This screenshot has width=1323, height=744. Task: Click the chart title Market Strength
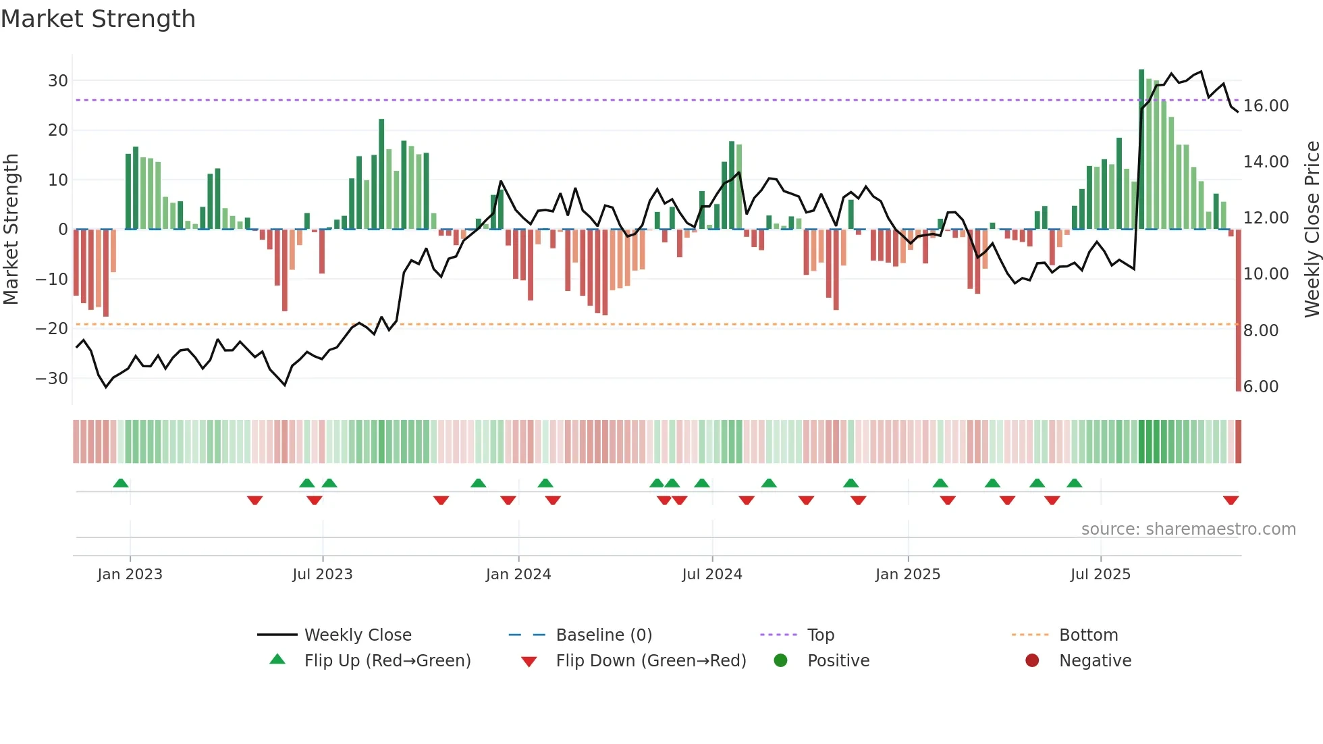pos(98,19)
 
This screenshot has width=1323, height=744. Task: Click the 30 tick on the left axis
pos(58,81)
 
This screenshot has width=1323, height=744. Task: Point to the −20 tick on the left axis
pos(53,329)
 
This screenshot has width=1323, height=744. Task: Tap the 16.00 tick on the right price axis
pos(1266,106)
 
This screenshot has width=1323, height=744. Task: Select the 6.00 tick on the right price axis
pos(1260,387)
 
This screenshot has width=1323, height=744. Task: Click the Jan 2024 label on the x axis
pos(518,575)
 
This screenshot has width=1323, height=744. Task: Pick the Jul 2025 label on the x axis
pos(1100,575)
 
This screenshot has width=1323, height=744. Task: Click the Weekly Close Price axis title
pos(1312,230)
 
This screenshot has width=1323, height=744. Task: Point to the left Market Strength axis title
pos(11,230)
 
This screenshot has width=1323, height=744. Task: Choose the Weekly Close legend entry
pos(357,635)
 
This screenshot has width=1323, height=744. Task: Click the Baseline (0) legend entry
pos(603,635)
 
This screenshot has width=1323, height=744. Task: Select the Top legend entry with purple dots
pos(820,635)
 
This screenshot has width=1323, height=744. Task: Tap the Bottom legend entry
pos(1088,635)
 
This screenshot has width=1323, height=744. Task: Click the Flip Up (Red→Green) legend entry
pos(387,661)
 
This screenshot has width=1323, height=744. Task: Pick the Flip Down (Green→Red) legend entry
pos(651,661)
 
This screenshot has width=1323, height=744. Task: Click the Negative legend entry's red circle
pos(1032,661)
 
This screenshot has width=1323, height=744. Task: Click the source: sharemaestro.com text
pos(1188,529)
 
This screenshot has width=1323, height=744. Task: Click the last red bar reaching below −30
pos(1238,311)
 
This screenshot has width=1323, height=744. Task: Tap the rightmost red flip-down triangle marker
pos(1231,500)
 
